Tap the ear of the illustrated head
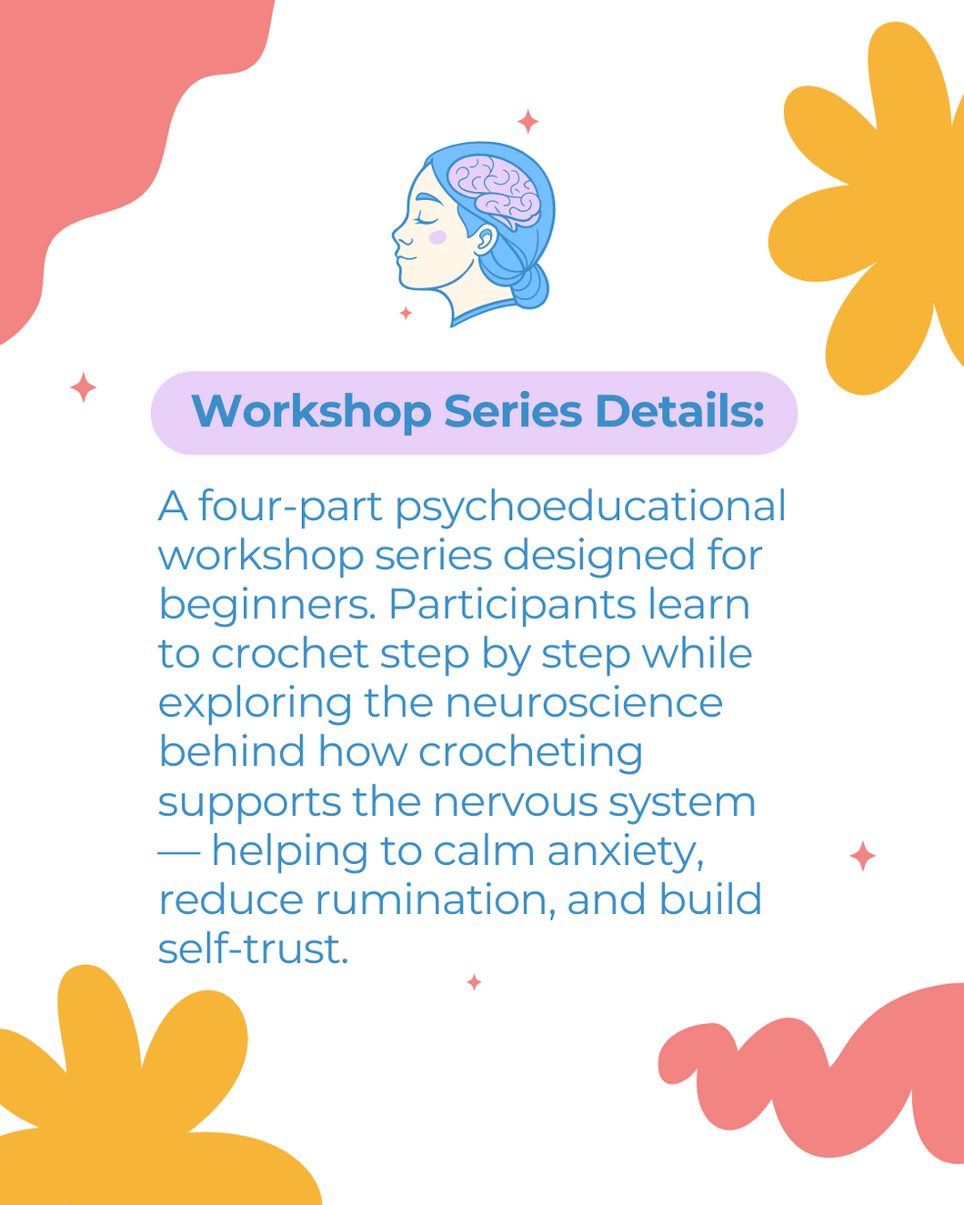(486, 241)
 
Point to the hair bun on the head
(530, 286)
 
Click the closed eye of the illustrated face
(427, 219)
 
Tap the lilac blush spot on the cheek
(437, 237)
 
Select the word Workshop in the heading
(311, 412)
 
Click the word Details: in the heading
(679, 412)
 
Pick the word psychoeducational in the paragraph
(590, 507)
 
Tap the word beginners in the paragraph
(266, 607)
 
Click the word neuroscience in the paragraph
(584, 702)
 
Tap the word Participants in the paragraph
(513, 607)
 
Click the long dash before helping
(179, 853)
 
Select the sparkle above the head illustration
(527, 122)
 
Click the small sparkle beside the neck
(407, 313)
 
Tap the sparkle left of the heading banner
(83, 387)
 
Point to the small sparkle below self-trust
(474, 982)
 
